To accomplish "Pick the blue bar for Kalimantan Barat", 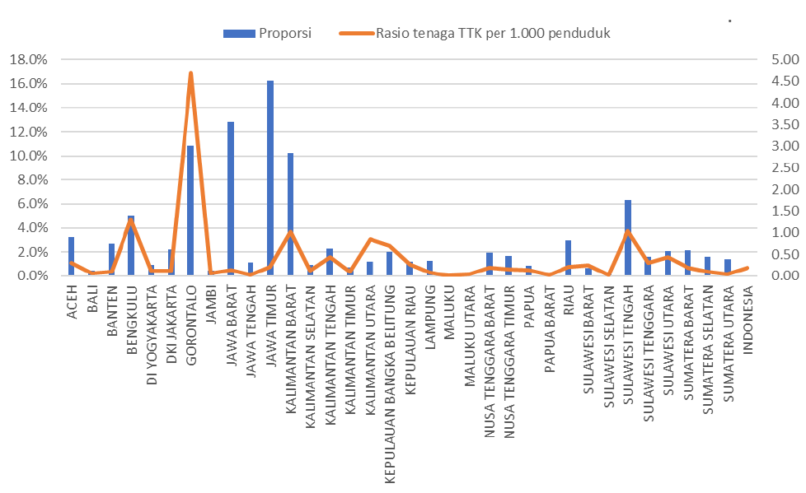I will pyautogui.click(x=290, y=214).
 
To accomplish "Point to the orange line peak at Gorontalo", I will pyautogui.click(x=190, y=73).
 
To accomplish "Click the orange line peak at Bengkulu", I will pyautogui.click(x=131, y=221).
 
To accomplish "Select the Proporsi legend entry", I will pyautogui.click(x=266, y=33).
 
